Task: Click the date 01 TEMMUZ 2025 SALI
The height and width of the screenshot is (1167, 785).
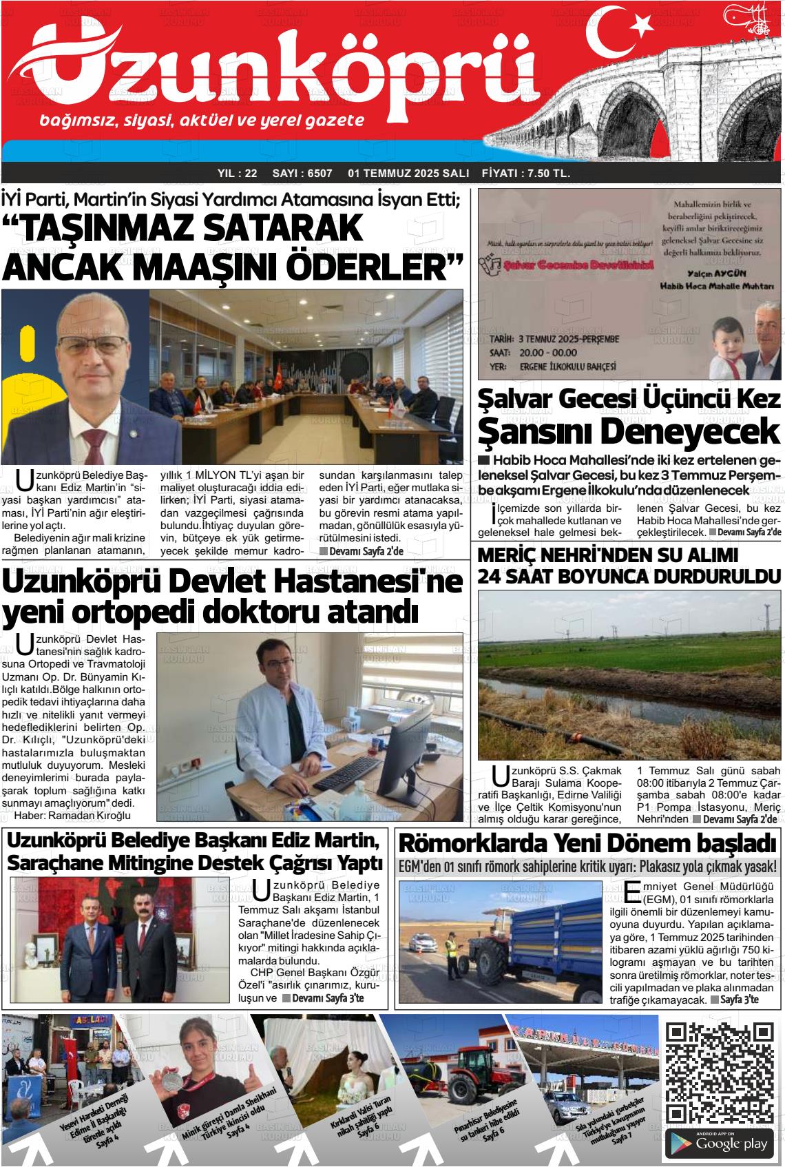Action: click(x=408, y=173)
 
